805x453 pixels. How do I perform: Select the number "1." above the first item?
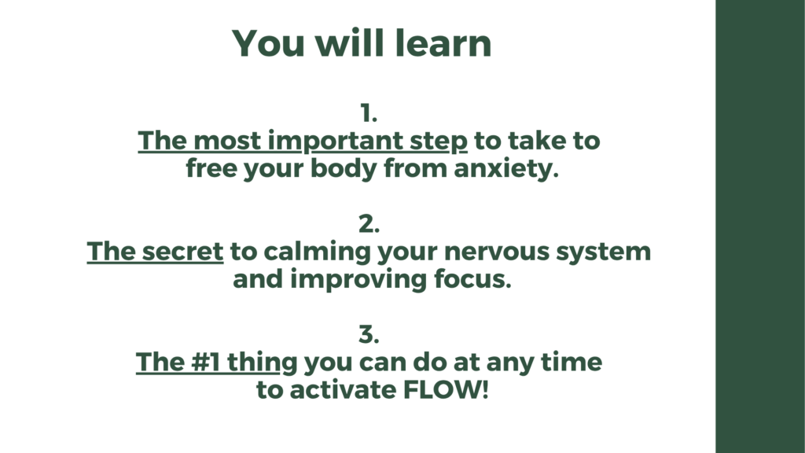(x=369, y=115)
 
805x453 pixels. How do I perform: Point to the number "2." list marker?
(x=369, y=225)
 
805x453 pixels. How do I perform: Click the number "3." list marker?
(x=369, y=335)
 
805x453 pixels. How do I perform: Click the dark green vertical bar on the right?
(x=759, y=226)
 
